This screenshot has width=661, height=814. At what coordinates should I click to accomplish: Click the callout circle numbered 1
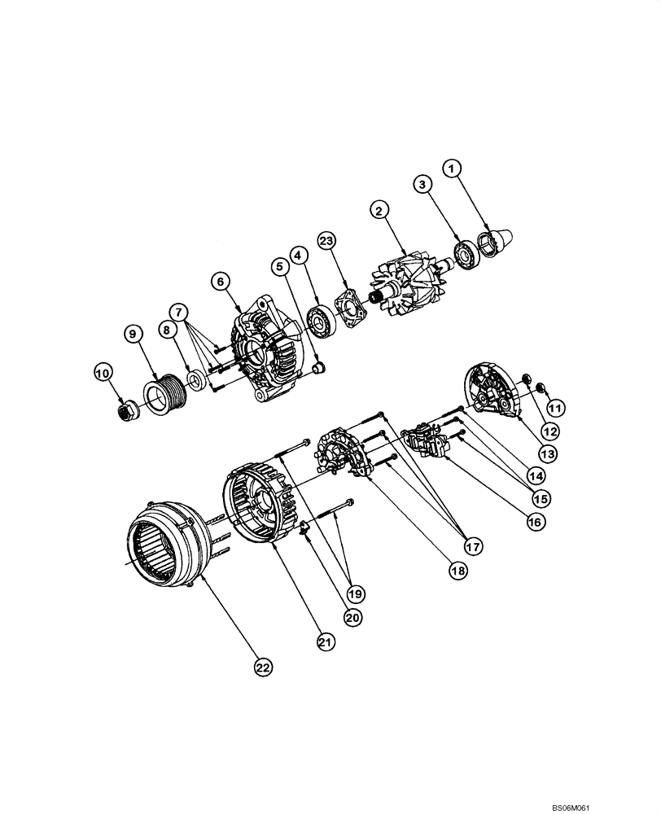453,168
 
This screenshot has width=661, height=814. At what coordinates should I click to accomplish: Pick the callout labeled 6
219,280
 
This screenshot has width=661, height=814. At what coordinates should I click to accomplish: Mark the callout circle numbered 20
352,618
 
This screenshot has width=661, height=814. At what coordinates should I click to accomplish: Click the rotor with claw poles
408,290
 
